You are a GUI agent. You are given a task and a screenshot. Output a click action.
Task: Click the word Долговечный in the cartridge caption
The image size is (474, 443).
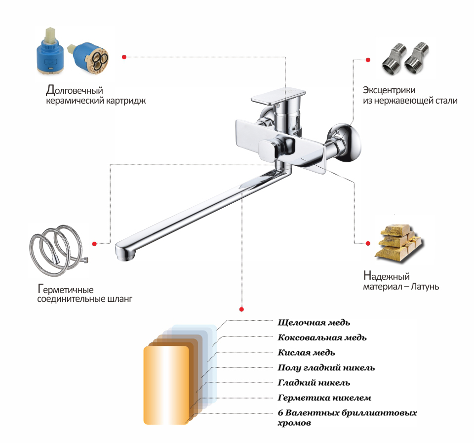point(74,90)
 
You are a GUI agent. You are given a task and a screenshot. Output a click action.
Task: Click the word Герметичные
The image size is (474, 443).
point(66,289)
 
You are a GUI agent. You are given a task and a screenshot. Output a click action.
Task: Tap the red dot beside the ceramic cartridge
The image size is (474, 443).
point(124,57)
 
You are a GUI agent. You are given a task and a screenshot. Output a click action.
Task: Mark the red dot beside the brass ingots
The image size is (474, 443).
point(367,243)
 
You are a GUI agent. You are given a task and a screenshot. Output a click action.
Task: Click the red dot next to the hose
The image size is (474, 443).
point(95,243)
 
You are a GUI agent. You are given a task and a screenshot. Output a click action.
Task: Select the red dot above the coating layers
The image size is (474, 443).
point(241,310)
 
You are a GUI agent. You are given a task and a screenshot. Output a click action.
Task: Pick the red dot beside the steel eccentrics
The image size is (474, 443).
point(368,60)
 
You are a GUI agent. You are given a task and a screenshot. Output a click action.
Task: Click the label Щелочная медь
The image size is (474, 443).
point(314,323)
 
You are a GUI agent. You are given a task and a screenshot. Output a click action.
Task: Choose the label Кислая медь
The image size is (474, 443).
point(307,353)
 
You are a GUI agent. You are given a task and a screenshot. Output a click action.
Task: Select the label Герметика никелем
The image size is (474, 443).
point(324,398)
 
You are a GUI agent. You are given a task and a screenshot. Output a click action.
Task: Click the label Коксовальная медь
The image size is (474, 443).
point(322,338)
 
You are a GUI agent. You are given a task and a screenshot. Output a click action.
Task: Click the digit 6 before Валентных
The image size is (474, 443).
point(280,413)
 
